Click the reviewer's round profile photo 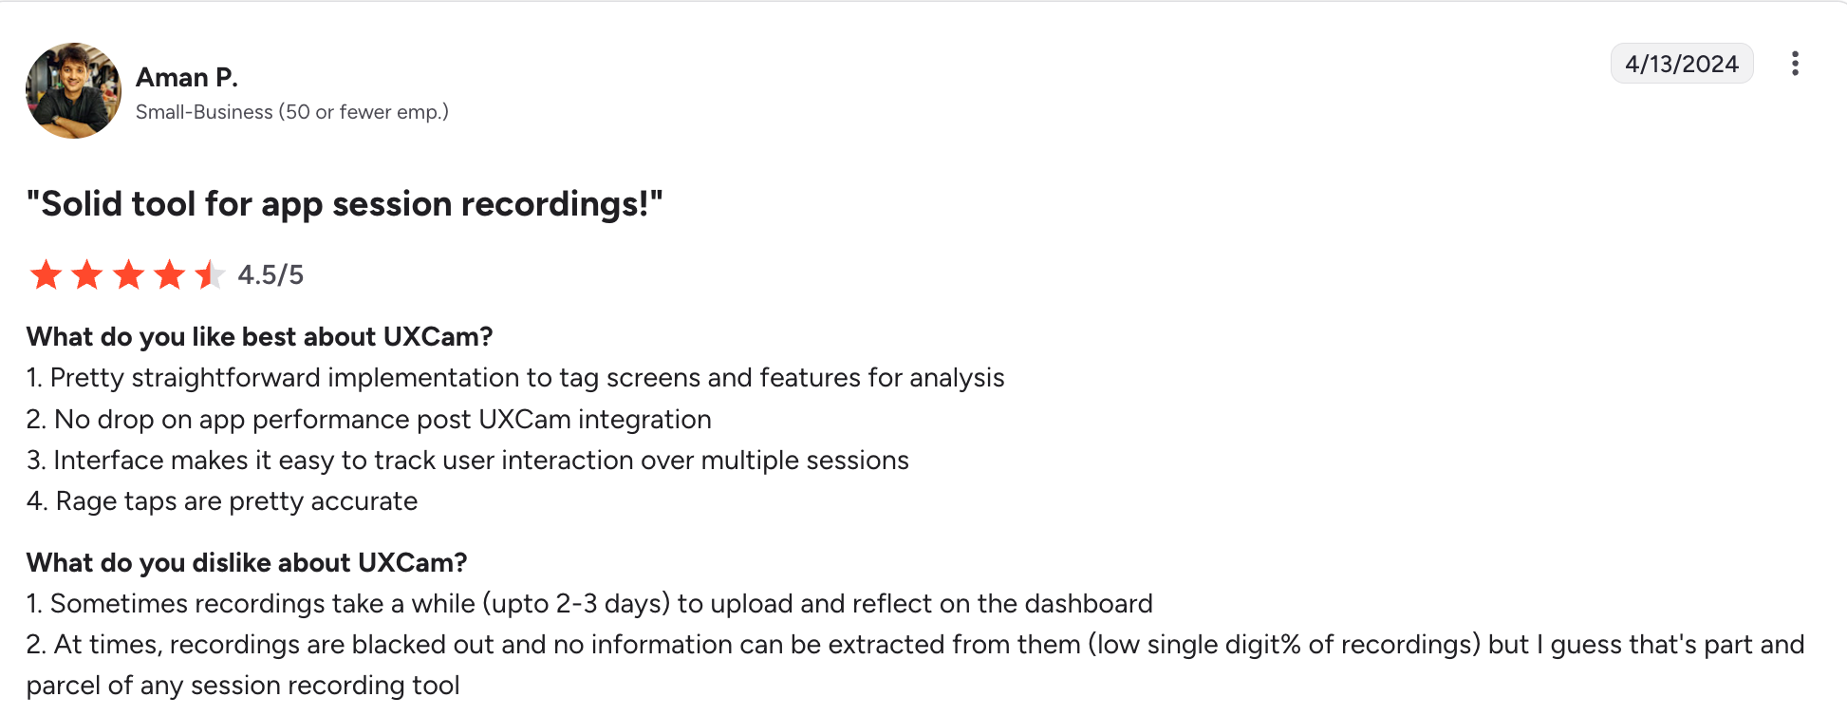point(73,90)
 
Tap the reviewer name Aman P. point(187,77)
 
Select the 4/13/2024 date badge point(1682,64)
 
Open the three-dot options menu point(1795,64)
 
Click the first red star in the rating point(46,274)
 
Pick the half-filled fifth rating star point(210,274)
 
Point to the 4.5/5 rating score point(271,275)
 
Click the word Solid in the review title point(82,204)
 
